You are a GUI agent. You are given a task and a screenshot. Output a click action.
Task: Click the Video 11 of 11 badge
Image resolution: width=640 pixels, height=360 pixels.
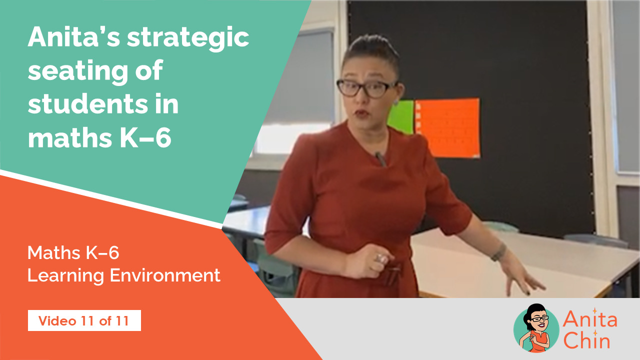[x=84, y=320]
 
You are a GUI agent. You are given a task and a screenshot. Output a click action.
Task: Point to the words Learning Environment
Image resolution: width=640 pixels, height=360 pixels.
[x=123, y=275]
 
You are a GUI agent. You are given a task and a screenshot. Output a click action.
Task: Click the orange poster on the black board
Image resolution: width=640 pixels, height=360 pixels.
[x=447, y=128]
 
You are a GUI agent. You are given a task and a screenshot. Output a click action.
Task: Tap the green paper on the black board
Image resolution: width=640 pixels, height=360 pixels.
[x=401, y=116]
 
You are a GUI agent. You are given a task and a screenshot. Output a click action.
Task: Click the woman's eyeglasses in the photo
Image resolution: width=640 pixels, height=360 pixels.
[x=366, y=88]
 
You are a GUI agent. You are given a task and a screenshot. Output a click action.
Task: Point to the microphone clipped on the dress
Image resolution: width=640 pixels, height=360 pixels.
[x=380, y=159]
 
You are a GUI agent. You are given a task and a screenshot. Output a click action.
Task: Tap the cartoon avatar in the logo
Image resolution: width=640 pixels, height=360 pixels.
[x=536, y=328]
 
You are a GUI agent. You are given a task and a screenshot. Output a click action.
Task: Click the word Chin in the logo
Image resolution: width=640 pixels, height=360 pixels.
[x=587, y=341]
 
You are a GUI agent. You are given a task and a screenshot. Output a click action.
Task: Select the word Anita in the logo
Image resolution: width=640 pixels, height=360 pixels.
[x=590, y=319]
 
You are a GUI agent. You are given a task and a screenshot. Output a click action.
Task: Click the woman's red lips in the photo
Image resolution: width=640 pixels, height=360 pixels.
[x=361, y=113]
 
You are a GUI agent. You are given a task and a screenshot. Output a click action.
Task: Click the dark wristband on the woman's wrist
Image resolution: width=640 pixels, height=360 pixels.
[x=498, y=252]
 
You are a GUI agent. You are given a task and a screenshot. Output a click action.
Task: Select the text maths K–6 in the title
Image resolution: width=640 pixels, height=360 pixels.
[x=99, y=137]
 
